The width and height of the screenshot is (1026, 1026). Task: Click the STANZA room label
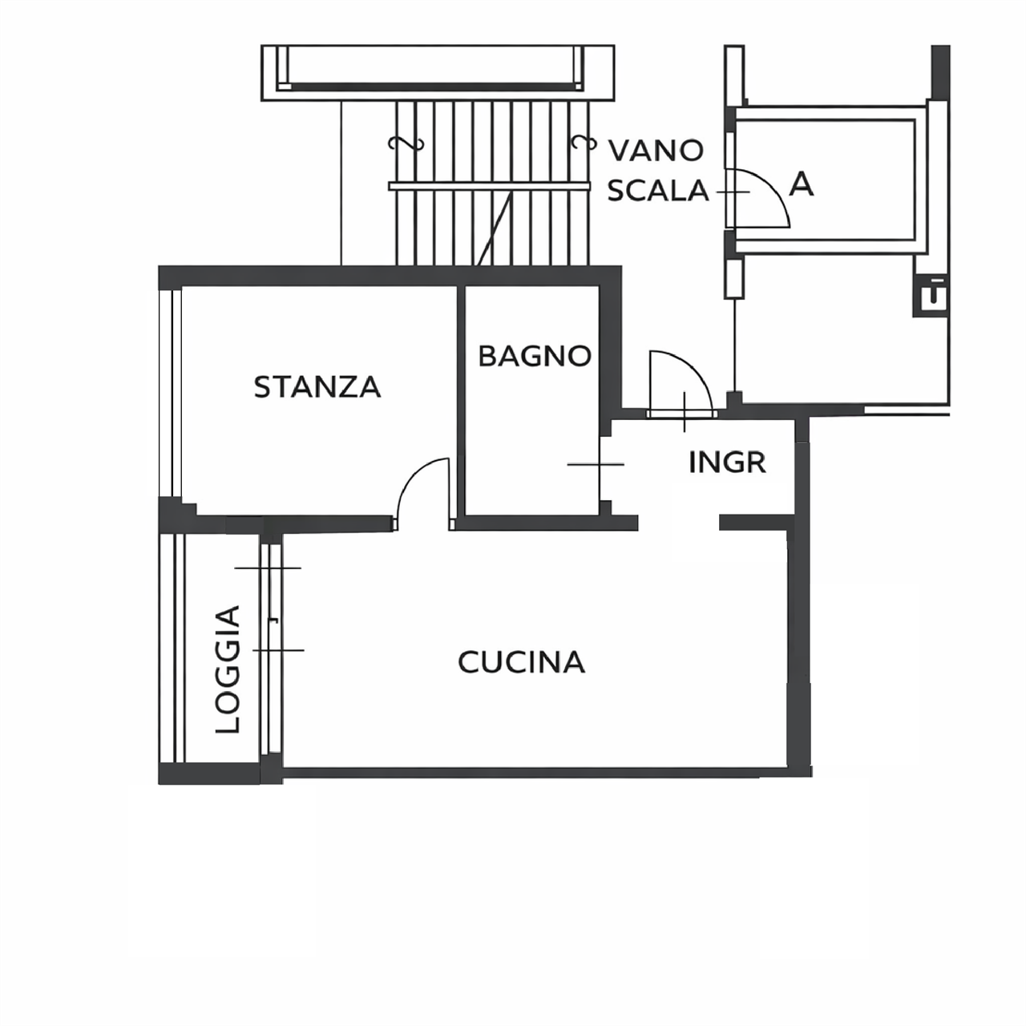click(x=317, y=387)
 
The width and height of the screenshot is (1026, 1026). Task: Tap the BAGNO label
click(x=535, y=356)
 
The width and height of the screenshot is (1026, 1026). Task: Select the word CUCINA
click(x=521, y=662)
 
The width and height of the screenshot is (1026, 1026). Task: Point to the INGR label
click(x=727, y=463)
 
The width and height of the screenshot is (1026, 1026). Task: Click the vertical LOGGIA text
click(x=228, y=669)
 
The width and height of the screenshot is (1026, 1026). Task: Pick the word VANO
click(x=656, y=151)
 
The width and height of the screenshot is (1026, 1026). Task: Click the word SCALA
click(x=658, y=190)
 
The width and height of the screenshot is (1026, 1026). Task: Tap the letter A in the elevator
click(x=802, y=184)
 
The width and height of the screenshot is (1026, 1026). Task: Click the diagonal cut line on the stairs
click(x=495, y=229)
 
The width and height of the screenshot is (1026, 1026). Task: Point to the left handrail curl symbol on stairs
click(x=406, y=143)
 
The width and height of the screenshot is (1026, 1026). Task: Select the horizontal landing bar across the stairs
click(x=489, y=186)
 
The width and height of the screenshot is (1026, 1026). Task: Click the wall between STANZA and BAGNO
click(x=461, y=401)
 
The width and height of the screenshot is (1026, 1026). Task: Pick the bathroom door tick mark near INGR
click(x=596, y=464)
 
